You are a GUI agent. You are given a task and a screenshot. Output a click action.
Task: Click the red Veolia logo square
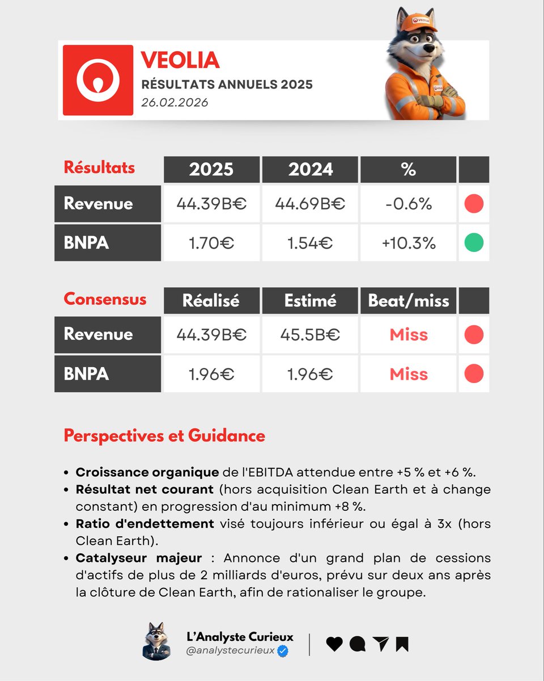[98, 80]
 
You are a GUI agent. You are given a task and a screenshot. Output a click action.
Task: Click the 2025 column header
[211, 169]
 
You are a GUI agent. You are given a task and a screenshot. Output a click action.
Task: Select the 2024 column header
[310, 169]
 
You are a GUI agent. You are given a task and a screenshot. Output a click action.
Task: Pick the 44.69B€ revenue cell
[310, 204]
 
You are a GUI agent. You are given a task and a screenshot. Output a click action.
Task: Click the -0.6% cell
[409, 204]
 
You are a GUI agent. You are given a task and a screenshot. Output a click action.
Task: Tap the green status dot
[474, 243]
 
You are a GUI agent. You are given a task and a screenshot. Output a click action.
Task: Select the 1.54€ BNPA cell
[310, 243]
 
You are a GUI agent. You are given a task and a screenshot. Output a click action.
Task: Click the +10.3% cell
[409, 243]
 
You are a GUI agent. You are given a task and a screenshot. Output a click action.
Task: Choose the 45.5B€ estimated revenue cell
[310, 335]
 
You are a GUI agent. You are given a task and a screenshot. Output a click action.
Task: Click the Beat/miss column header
[409, 300]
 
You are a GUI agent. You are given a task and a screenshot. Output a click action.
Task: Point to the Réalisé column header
[211, 300]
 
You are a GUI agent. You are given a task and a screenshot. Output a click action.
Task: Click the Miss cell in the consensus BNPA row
[409, 374]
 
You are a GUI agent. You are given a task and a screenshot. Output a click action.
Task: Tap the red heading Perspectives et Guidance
[164, 436]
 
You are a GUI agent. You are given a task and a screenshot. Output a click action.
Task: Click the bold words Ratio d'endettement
[145, 523]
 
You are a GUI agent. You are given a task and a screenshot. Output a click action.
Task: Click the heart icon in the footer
[335, 644]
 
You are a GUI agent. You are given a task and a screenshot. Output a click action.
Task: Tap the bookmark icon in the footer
[402, 644]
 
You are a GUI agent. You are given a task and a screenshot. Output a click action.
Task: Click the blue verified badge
[283, 651]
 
